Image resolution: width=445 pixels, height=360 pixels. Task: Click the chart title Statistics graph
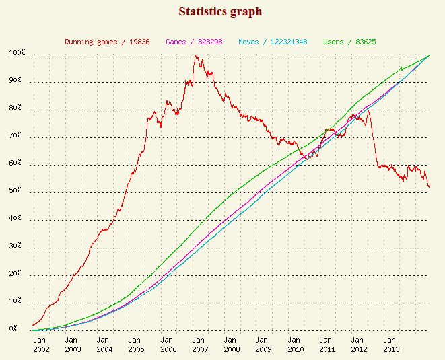(x=220, y=12)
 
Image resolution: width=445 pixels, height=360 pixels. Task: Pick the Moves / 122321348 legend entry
(x=273, y=42)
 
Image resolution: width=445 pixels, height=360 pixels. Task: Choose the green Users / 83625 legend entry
(x=349, y=42)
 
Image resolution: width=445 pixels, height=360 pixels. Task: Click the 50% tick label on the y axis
(x=17, y=192)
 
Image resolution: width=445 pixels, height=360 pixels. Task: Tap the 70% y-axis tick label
(x=17, y=137)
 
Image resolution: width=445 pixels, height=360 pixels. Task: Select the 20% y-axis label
(x=17, y=275)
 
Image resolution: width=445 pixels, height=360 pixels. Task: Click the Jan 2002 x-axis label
(x=41, y=345)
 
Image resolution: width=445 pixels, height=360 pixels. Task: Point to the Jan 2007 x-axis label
(x=200, y=345)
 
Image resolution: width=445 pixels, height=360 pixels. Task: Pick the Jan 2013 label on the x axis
(x=392, y=345)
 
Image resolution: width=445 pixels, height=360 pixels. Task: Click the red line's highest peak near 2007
(x=196, y=56)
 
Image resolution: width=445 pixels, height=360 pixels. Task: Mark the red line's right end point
(x=430, y=187)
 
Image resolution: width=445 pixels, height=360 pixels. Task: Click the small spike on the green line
(x=401, y=67)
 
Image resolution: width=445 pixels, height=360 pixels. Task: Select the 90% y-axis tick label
(x=17, y=82)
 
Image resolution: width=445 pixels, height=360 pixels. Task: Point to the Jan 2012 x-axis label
(x=360, y=345)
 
